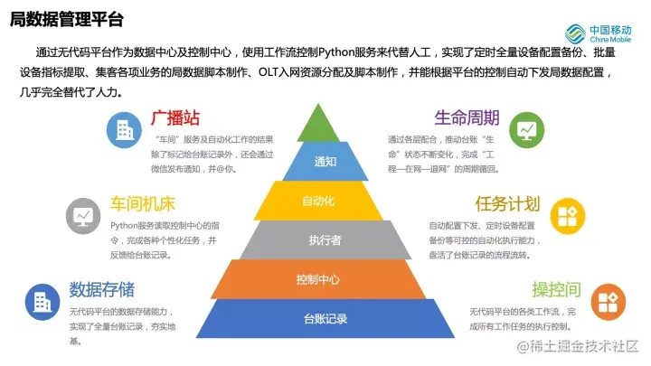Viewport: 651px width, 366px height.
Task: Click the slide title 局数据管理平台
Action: click(x=67, y=20)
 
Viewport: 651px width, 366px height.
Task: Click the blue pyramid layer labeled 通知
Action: click(x=325, y=162)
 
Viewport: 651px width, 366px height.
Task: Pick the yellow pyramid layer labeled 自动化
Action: click(x=325, y=201)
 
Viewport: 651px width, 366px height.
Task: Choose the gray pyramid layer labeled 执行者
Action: click(x=325, y=239)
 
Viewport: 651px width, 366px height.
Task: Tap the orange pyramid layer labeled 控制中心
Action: click(x=325, y=278)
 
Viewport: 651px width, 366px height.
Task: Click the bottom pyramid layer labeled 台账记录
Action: click(x=325, y=318)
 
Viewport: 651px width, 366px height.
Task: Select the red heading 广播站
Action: click(x=175, y=119)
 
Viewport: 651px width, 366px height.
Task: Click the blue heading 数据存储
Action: click(x=101, y=289)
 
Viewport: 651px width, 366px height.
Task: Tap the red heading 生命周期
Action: click(x=467, y=118)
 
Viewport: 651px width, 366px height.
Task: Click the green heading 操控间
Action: click(x=555, y=289)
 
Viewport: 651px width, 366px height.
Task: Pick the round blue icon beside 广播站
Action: click(x=123, y=130)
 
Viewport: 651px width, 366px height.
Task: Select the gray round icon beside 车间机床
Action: click(x=83, y=215)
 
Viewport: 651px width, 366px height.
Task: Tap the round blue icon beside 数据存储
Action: click(x=41, y=300)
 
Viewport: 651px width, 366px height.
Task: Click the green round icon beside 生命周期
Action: click(x=526, y=130)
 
